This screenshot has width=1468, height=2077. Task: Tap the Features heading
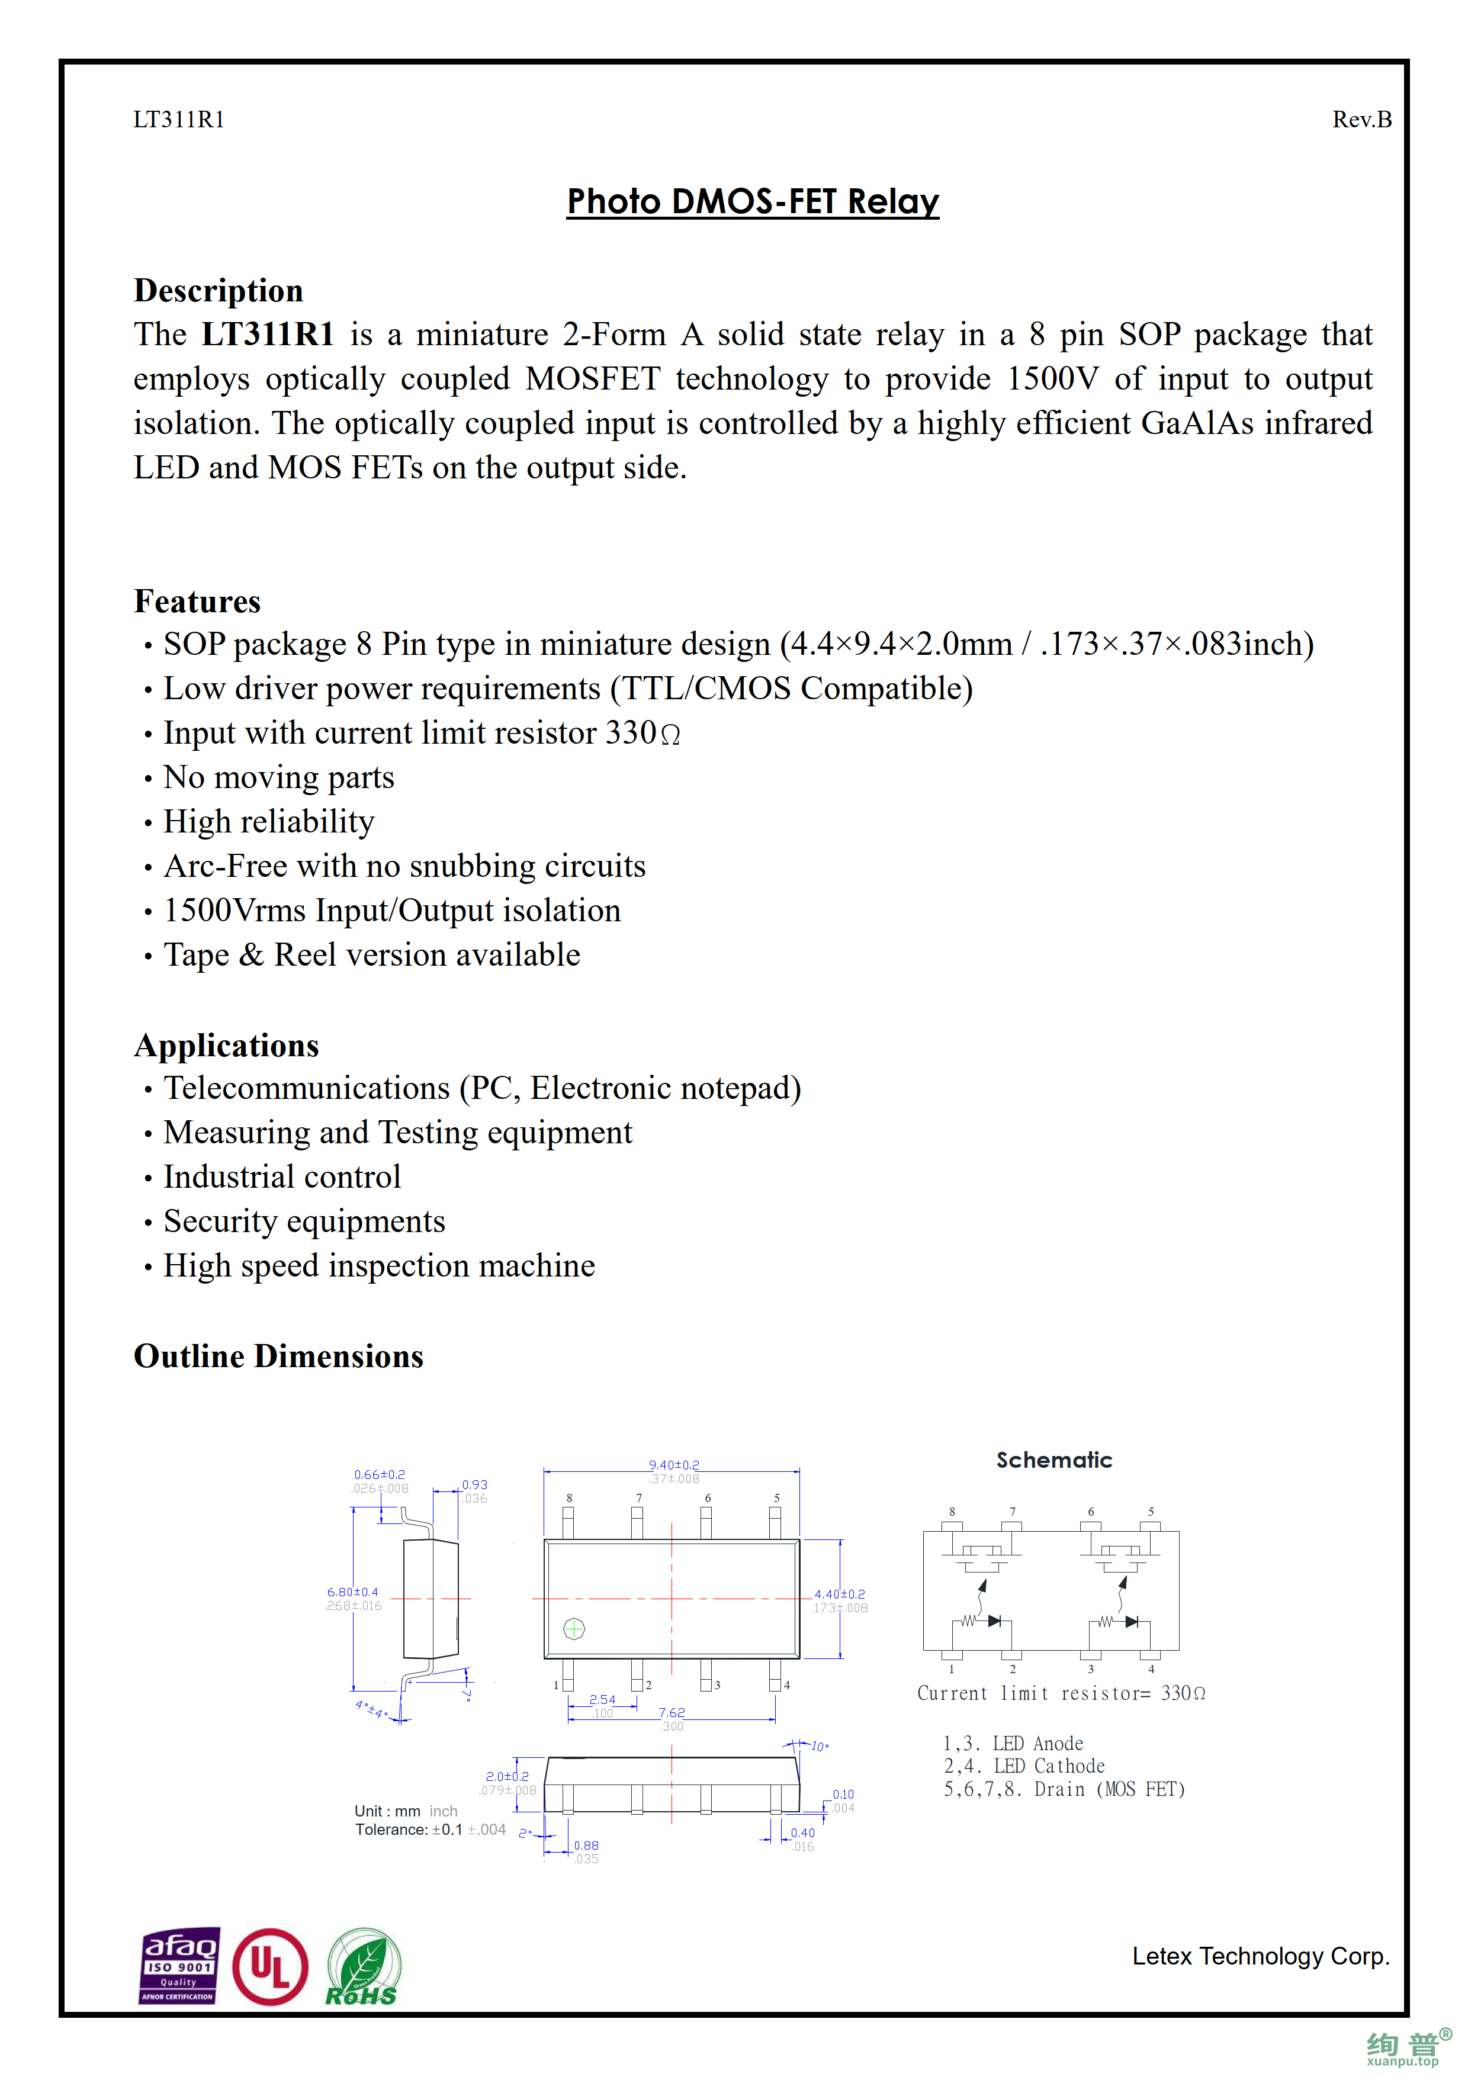197,602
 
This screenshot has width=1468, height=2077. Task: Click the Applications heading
226,1046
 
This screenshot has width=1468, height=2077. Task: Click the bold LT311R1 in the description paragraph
268,335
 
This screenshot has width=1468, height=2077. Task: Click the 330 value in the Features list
631,733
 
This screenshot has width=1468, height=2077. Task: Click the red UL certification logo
269,1967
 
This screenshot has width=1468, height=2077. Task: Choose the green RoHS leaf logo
362,1967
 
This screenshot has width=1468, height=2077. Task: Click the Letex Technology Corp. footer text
1260,1957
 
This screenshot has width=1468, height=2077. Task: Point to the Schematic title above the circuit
1053,1460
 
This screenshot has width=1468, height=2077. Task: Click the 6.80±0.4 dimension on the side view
353,1592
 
